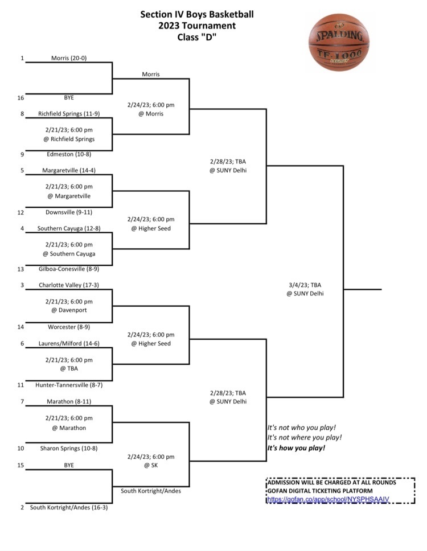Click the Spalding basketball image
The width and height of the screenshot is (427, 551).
339,42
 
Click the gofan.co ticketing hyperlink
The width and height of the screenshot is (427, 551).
328,499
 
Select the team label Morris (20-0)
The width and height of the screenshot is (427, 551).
69,58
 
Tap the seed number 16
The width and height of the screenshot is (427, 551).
20,98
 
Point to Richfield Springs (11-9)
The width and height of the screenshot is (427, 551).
69,113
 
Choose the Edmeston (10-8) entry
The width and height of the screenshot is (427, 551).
69,154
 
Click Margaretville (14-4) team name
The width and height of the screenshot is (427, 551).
69,170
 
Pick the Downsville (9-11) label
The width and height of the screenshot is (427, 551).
69,212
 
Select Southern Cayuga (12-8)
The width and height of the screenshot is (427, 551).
69,228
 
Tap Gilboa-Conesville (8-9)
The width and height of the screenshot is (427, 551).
69,269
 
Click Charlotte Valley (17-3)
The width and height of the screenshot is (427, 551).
69,285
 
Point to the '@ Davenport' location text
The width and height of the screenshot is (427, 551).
69,310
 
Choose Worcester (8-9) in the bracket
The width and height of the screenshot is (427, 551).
69,327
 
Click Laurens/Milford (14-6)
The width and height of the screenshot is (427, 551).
69,343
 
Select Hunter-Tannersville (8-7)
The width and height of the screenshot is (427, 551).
69,385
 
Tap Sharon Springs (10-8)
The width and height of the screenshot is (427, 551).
69,448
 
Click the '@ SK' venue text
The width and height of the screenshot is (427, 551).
151,465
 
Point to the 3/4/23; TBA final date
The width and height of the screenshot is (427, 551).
305,285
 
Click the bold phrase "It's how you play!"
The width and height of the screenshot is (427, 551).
296,447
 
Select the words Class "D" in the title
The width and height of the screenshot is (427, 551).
197,37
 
